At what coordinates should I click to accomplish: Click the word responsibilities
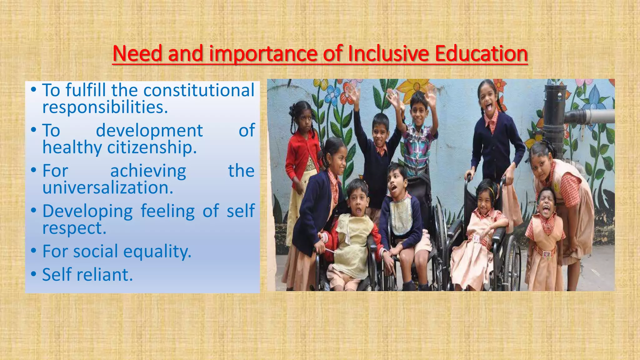[x=105, y=107]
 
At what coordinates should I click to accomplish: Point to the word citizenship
[x=152, y=147]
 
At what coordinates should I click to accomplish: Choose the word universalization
[x=107, y=187]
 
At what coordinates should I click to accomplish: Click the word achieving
[x=148, y=171]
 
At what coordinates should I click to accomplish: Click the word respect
[x=74, y=228]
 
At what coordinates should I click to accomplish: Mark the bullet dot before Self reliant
[x=34, y=275]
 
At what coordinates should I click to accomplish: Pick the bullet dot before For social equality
[x=34, y=251]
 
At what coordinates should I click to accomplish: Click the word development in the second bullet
[x=149, y=130]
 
